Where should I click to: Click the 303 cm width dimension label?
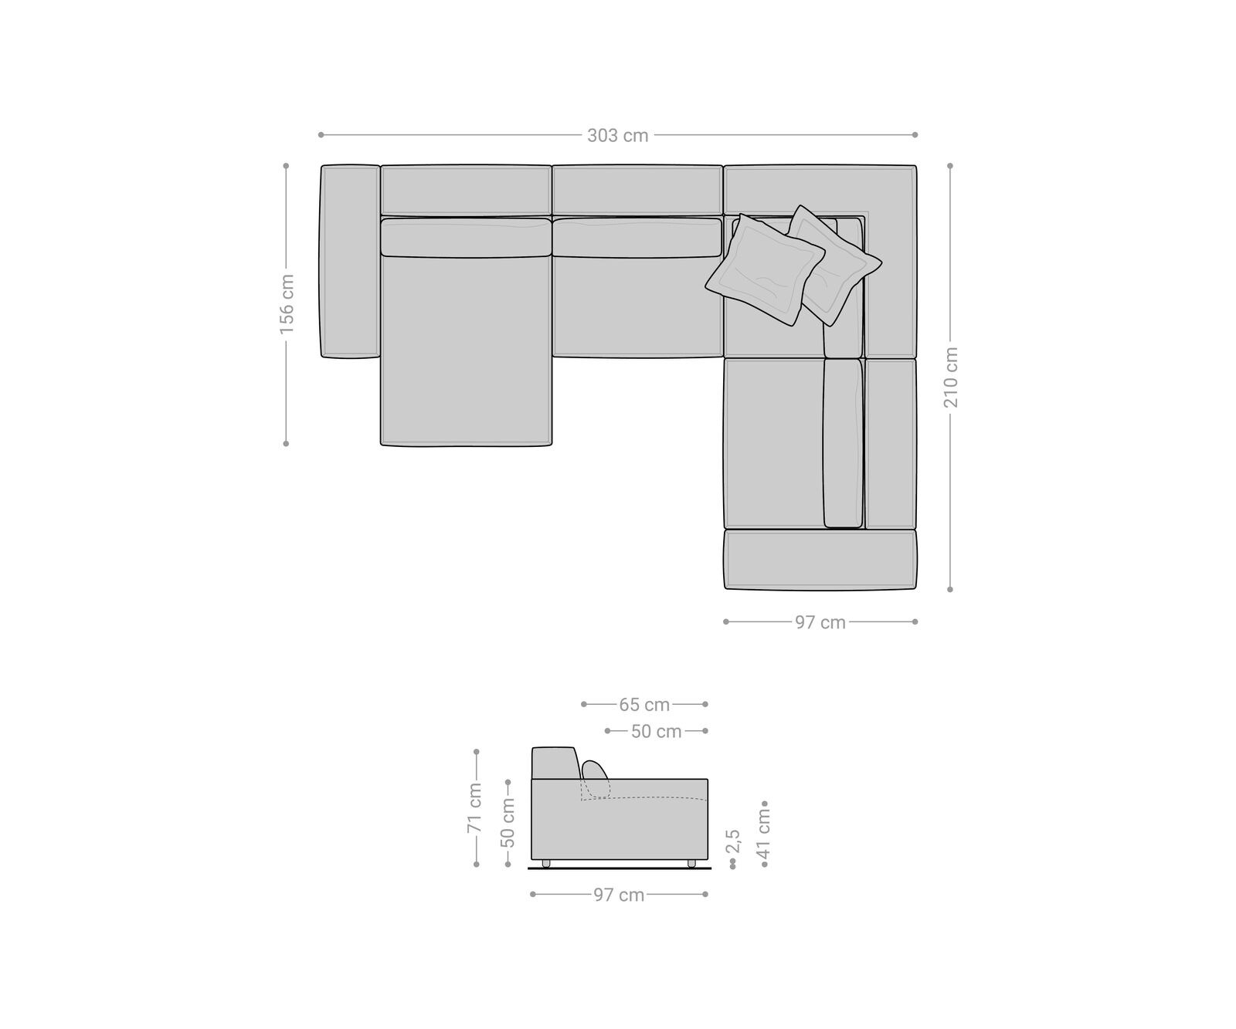(617, 136)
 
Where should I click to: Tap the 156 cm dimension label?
(287, 303)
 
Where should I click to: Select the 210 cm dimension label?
(950, 377)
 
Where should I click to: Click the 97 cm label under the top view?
(820, 622)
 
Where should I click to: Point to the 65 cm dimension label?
(644, 705)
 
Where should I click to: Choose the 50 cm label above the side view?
(656, 731)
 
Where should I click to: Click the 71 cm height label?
(474, 808)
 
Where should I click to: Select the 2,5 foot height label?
(733, 841)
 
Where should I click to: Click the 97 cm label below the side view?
(619, 895)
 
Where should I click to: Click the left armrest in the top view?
(349, 261)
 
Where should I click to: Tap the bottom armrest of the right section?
(820, 560)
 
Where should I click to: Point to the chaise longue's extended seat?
(466, 351)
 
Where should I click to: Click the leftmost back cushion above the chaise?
(466, 190)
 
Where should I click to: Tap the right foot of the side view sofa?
(691, 863)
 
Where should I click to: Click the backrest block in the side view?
(553, 763)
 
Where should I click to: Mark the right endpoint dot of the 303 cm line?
(915, 134)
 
